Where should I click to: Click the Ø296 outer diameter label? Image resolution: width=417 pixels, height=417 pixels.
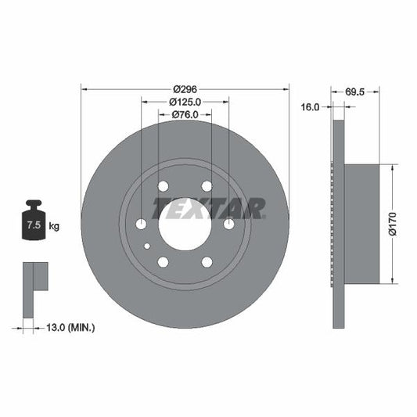[185, 88]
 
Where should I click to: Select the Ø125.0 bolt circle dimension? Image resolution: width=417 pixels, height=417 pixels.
[185, 102]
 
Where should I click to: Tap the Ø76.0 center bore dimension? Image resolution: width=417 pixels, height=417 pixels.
[185, 115]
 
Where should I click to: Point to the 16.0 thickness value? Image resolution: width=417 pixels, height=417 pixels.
[311, 108]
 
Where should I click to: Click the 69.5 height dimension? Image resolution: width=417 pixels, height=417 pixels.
[357, 92]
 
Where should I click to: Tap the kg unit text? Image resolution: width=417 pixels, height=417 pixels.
[54, 226]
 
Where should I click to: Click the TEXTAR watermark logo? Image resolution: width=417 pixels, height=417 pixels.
[209, 208]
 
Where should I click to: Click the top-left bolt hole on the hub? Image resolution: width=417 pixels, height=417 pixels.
[163, 186]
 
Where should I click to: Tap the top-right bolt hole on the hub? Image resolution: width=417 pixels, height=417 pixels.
[207, 186]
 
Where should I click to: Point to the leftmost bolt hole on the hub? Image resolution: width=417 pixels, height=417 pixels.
[141, 224]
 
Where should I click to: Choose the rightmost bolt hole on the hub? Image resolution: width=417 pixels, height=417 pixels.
[228, 224]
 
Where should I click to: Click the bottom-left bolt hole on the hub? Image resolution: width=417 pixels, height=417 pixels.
[163, 262]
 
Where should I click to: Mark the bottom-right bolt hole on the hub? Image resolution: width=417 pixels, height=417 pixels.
[207, 262]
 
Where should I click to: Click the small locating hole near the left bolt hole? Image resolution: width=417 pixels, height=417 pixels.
[147, 246]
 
